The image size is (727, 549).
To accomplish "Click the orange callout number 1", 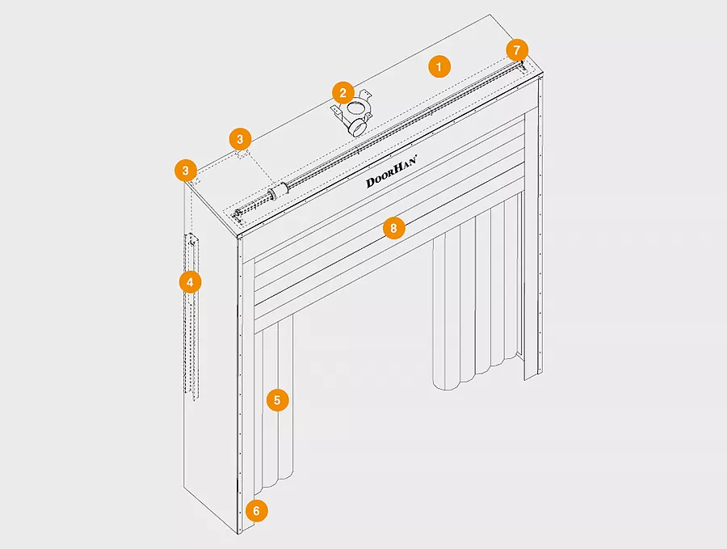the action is pyautogui.click(x=439, y=66).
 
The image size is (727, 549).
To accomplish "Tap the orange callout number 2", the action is pyautogui.click(x=343, y=93).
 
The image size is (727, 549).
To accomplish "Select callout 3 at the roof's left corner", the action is pyautogui.click(x=186, y=171).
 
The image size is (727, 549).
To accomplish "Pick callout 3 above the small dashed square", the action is pyautogui.click(x=240, y=139).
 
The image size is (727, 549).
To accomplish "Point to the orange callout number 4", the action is pyautogui.click(x=190, y=281).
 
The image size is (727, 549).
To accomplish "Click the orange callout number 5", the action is pyautogui.click(x=277, y=400).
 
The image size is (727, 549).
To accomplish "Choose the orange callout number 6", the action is pyautogui.click(x=256, y=511).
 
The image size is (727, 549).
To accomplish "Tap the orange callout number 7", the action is pyautogui.click(x=517, y=49).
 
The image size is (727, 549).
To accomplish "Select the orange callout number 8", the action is pyautogui.click(x=393, y=228).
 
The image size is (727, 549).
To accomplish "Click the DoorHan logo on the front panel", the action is pyautogui.click(x=391, y=171).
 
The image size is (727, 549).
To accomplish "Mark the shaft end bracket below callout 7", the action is pyautogui.click(x=523, y=66).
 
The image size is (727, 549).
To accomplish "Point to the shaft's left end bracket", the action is pyautogui.click(x=237, y=215).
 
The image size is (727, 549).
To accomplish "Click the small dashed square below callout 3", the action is pyautogui.click(x=242, y=154).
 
